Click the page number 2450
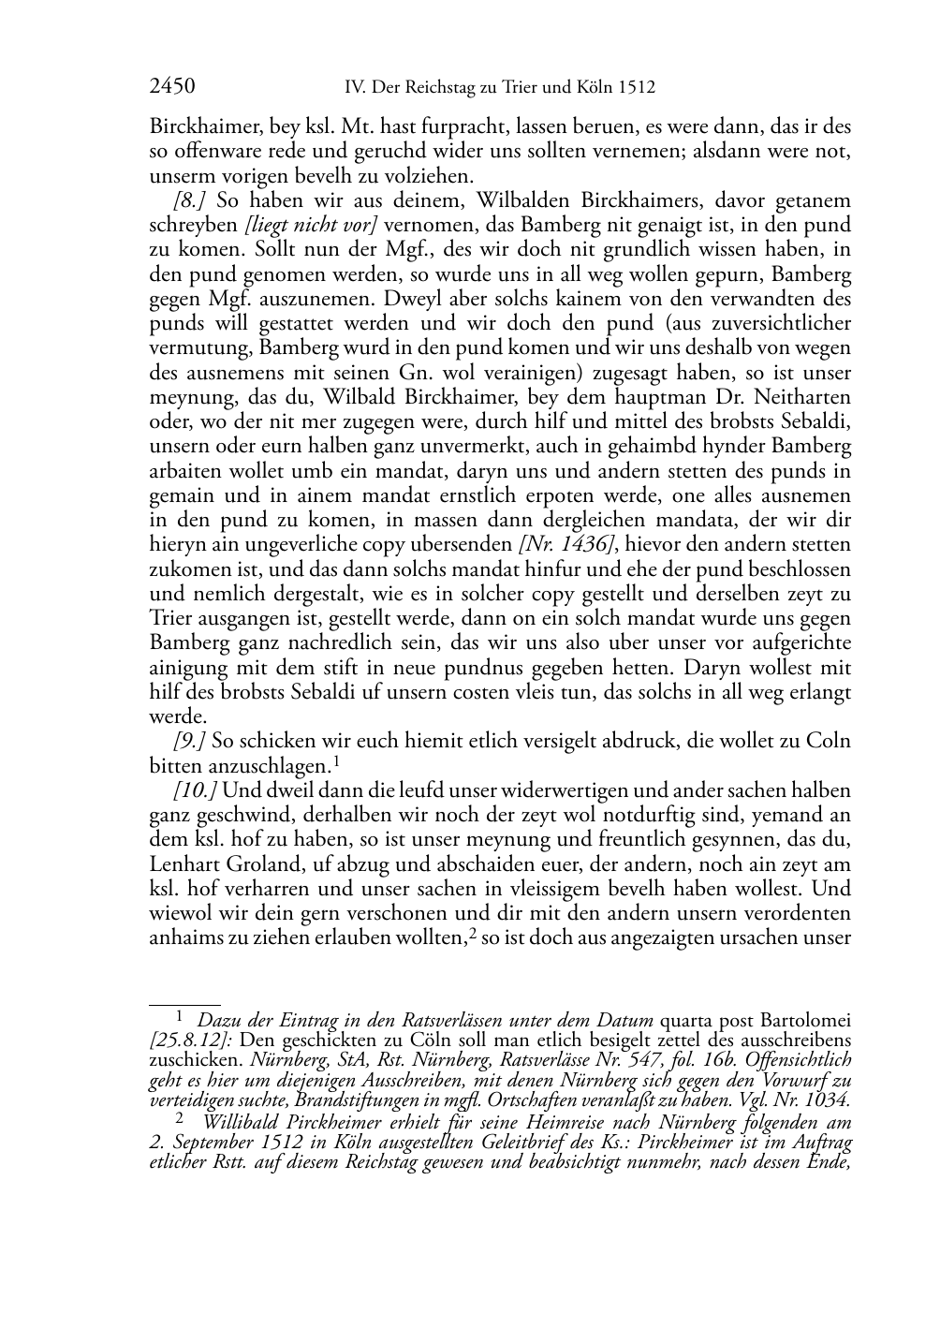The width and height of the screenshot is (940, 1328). tap(172, 87)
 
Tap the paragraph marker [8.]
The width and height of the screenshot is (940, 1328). tap(190, 200)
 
